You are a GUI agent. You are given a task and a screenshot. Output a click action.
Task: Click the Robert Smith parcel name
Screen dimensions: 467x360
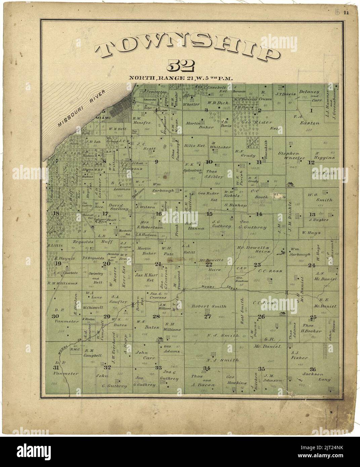[x=209, y=306]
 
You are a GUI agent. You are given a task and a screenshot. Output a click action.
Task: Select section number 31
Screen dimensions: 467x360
[x=56, y=368]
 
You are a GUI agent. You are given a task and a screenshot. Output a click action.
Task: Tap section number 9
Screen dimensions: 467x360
[x=156, y=162]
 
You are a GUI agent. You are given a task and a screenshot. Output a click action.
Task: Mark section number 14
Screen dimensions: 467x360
[x=259, y=214]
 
